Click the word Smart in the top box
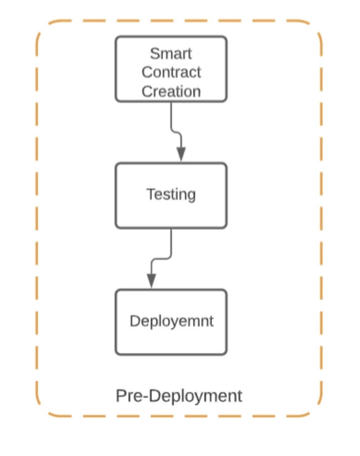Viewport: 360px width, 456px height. pyautogui.click(x=171, y=54)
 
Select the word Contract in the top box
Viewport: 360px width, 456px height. pyautogui.click(x=171, y=72)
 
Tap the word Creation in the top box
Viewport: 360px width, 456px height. pyautogui.click(x=171, y=91)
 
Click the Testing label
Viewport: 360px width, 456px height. pyautogui.click(x=171, y=195)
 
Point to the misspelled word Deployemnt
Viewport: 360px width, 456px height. pyautogui.click(x=171, y=322)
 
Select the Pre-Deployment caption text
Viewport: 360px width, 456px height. pyautogui.click(x=179, y=396)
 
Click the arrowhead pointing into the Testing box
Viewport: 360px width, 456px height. pyautogui.click(x=181, y=154)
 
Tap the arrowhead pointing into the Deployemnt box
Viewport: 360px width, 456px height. pyautogui.click(x=151, y=281)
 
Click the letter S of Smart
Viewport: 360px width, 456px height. pyautogui.click(x=155, y=54)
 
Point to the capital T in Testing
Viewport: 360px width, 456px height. pyautogui.click(x=151, y=193)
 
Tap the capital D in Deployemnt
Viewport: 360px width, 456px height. pyautogui.click(x=135, y=321)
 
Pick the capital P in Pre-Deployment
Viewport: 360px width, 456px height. pyautogui.click(x=121, y=396)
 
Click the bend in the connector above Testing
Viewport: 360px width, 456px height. pyautogui.click(x=176, y=132)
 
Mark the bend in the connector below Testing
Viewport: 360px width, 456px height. pyautogui.click(x=162, y=259)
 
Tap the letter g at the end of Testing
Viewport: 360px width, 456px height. pyautogui.click(x=192, y=196)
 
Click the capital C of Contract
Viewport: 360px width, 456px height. pyautogui.click(x=147, y=72)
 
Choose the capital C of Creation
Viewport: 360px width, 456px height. pyautogui.click(x=147, y=91)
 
